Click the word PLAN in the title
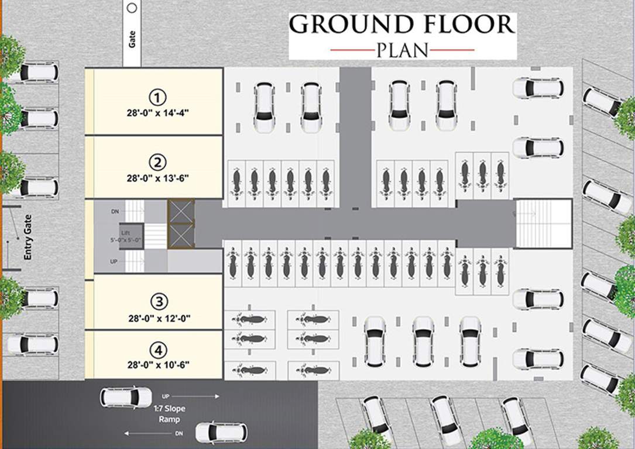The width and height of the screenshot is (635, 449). pos(402,50)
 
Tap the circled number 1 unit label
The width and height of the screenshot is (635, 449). pos(159,96)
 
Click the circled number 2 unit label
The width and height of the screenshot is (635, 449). pos(159,162)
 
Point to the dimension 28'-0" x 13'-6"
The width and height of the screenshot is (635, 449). pos(159,177)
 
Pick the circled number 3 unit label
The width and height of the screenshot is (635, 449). pos(159,302)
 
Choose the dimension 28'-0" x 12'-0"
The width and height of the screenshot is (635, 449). pos(159,318)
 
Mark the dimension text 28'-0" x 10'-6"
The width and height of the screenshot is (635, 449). pos(159,365)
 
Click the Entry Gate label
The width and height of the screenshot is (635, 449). pos(27,237)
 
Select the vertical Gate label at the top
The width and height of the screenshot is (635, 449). pos(132,40)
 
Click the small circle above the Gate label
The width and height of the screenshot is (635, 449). pos(132,8)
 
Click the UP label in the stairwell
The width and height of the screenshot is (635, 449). pos(115,261)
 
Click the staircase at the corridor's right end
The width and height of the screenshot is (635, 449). pos(543,223)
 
